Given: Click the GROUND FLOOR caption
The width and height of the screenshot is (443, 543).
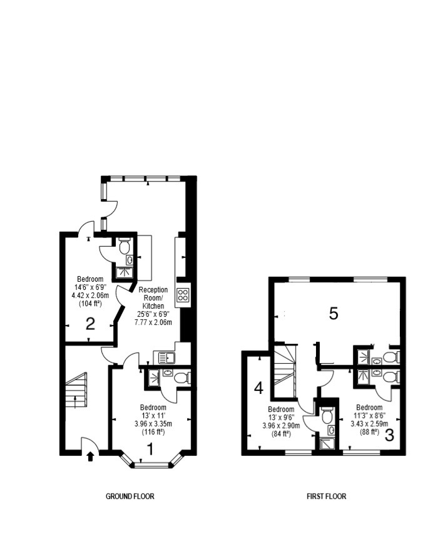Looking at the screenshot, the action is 130,496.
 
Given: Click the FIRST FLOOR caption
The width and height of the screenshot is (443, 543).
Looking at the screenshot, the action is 327,496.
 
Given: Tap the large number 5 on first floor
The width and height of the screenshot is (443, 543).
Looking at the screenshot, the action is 334,314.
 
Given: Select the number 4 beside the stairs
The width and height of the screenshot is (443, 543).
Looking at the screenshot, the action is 259,388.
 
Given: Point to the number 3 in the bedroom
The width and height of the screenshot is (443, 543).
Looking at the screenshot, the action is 389,435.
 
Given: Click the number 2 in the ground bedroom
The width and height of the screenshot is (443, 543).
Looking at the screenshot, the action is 90,324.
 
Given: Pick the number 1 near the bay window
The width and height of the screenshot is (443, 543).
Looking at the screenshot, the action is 150,449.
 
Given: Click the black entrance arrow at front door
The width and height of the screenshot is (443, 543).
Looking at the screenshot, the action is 90,457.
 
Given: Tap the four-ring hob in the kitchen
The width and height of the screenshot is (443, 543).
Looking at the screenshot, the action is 183,295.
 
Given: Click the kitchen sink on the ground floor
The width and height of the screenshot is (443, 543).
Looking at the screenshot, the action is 167,358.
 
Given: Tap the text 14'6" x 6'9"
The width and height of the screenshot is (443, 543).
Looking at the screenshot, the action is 90,287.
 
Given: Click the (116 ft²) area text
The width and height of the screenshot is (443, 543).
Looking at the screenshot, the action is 153,432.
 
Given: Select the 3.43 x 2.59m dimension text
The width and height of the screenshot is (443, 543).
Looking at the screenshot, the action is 369,423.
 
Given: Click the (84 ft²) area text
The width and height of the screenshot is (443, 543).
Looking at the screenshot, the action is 281,433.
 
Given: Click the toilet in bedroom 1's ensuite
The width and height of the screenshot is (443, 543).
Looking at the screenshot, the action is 181,377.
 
